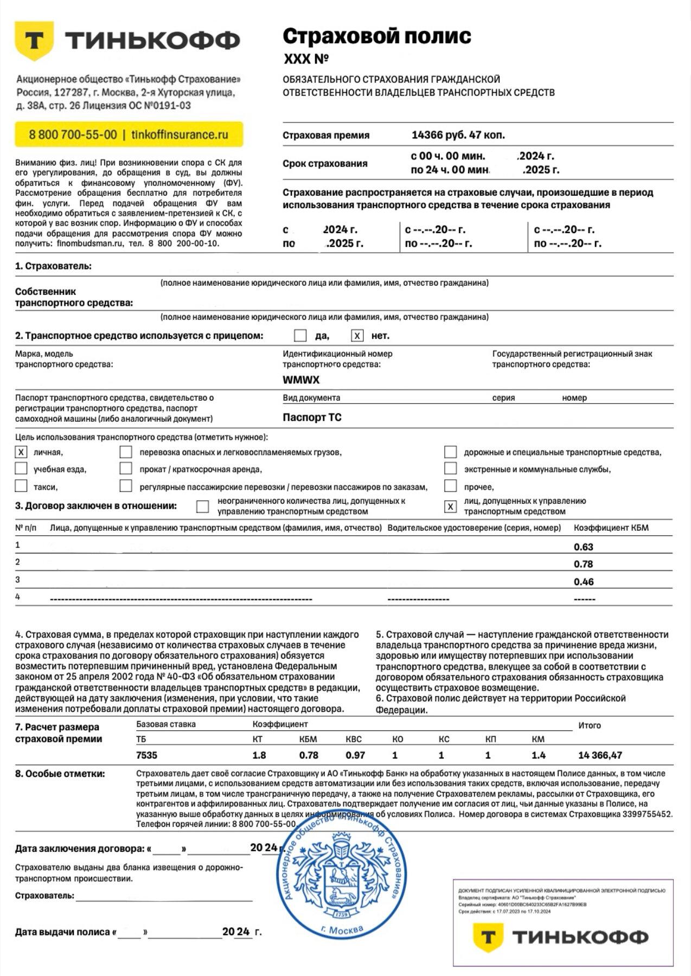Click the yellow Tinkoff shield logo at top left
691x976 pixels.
[x=34, y=41]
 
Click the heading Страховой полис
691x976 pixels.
[x=376, y=36]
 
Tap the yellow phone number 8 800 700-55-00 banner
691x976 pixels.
[x=129, y=134]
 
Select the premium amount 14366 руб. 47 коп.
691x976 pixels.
[x=458, y=135]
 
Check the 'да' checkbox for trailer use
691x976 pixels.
[x=300, y=336]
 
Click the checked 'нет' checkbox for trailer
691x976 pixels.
[x=357, y=336]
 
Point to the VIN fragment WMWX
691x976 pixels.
[x=301, y=380]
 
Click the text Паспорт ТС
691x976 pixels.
[x=312, y=418]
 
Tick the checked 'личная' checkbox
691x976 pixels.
[x=21, y=452]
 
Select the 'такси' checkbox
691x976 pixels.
[x=21, y=486]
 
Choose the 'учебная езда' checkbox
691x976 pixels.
[x=21, y=468]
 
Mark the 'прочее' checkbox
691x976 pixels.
[x=450, y=486]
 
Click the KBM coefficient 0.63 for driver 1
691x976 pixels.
[x=584, y=547]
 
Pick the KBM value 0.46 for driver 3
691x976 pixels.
[x=584, y=582]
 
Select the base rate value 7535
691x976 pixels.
[x=146, y=755]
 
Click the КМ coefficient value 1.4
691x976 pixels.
[x=538, y=755]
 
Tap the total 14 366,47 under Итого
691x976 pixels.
[x=600, y=755]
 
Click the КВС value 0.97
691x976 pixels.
[x=355, y=755]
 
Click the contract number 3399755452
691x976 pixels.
[x=647, y=814]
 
